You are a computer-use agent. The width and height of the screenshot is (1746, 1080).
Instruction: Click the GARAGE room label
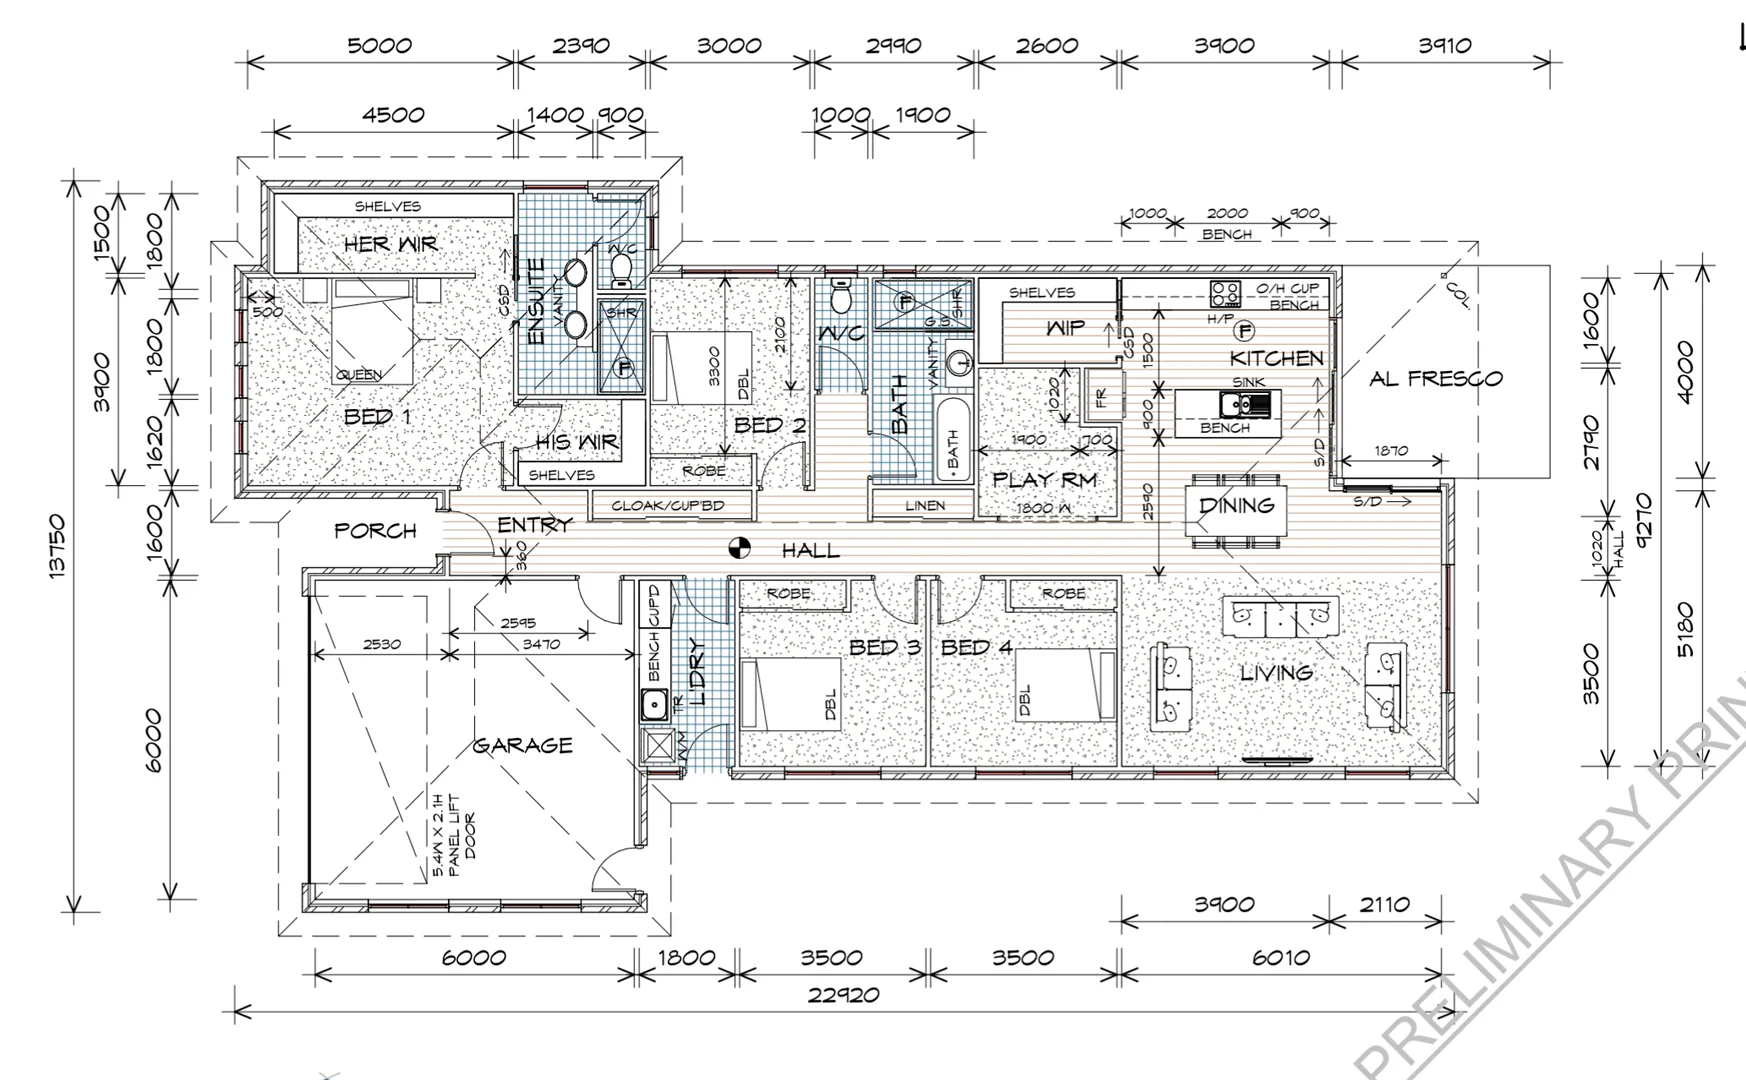[x=522, y=746]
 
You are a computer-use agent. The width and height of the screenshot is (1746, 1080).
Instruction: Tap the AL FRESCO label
[x=1436, y=379]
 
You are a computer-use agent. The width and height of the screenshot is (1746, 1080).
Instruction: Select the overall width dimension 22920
[x=846, y=995]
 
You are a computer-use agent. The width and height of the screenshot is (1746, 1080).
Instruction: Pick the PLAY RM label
[x=1045, y=480]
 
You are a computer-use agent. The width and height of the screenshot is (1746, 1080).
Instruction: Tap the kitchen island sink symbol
[x=1246, y=404]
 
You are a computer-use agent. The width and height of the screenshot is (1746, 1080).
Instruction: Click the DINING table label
[x=1236, y=506]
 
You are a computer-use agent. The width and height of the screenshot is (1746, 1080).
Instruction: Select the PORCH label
[x=375, y=531]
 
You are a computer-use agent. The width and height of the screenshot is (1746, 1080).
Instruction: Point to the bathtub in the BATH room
[x=953, y=440]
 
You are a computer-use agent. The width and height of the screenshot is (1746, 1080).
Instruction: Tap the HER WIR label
[x=390, y=244]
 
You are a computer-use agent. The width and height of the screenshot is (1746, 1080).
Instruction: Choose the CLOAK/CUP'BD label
[x=668, y=506]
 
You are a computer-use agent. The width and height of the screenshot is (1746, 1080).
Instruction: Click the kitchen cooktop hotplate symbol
[x=1225, y=293]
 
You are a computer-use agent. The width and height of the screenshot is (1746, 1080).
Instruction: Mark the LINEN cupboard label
[x=925, y=506]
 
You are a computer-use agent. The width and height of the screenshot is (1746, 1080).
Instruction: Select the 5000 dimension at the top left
[x=379, y=46]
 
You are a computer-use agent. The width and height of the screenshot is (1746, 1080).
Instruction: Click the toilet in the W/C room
[x=841, y=295]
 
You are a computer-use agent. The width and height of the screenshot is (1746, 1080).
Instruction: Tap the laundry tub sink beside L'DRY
[x=654, y=704]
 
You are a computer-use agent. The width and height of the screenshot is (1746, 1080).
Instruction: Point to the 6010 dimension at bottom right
[x=1280, y=958]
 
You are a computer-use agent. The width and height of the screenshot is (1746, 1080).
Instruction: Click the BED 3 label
[x=884, y=648]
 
